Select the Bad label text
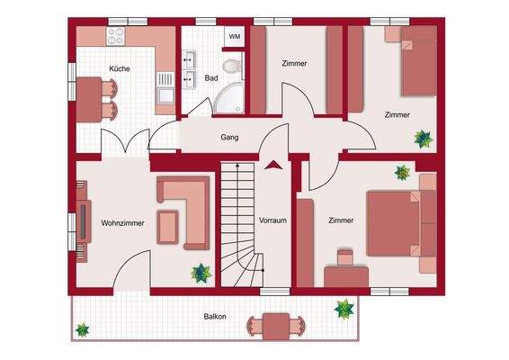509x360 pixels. (211, 78)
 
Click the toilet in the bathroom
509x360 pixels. (232, 66)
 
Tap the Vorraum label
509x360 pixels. (272, 220)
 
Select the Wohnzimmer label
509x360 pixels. (122, 221)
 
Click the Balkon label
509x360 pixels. (214, 316)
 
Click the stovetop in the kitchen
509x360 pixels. (118, 37)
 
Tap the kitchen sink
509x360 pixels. (165, 85)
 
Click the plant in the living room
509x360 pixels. (201, 271)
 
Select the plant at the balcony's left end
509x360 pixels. (83, 329)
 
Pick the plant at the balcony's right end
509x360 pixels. (344, 309)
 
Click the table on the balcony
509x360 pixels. (274, 326)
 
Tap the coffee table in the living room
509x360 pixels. (168, 226)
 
